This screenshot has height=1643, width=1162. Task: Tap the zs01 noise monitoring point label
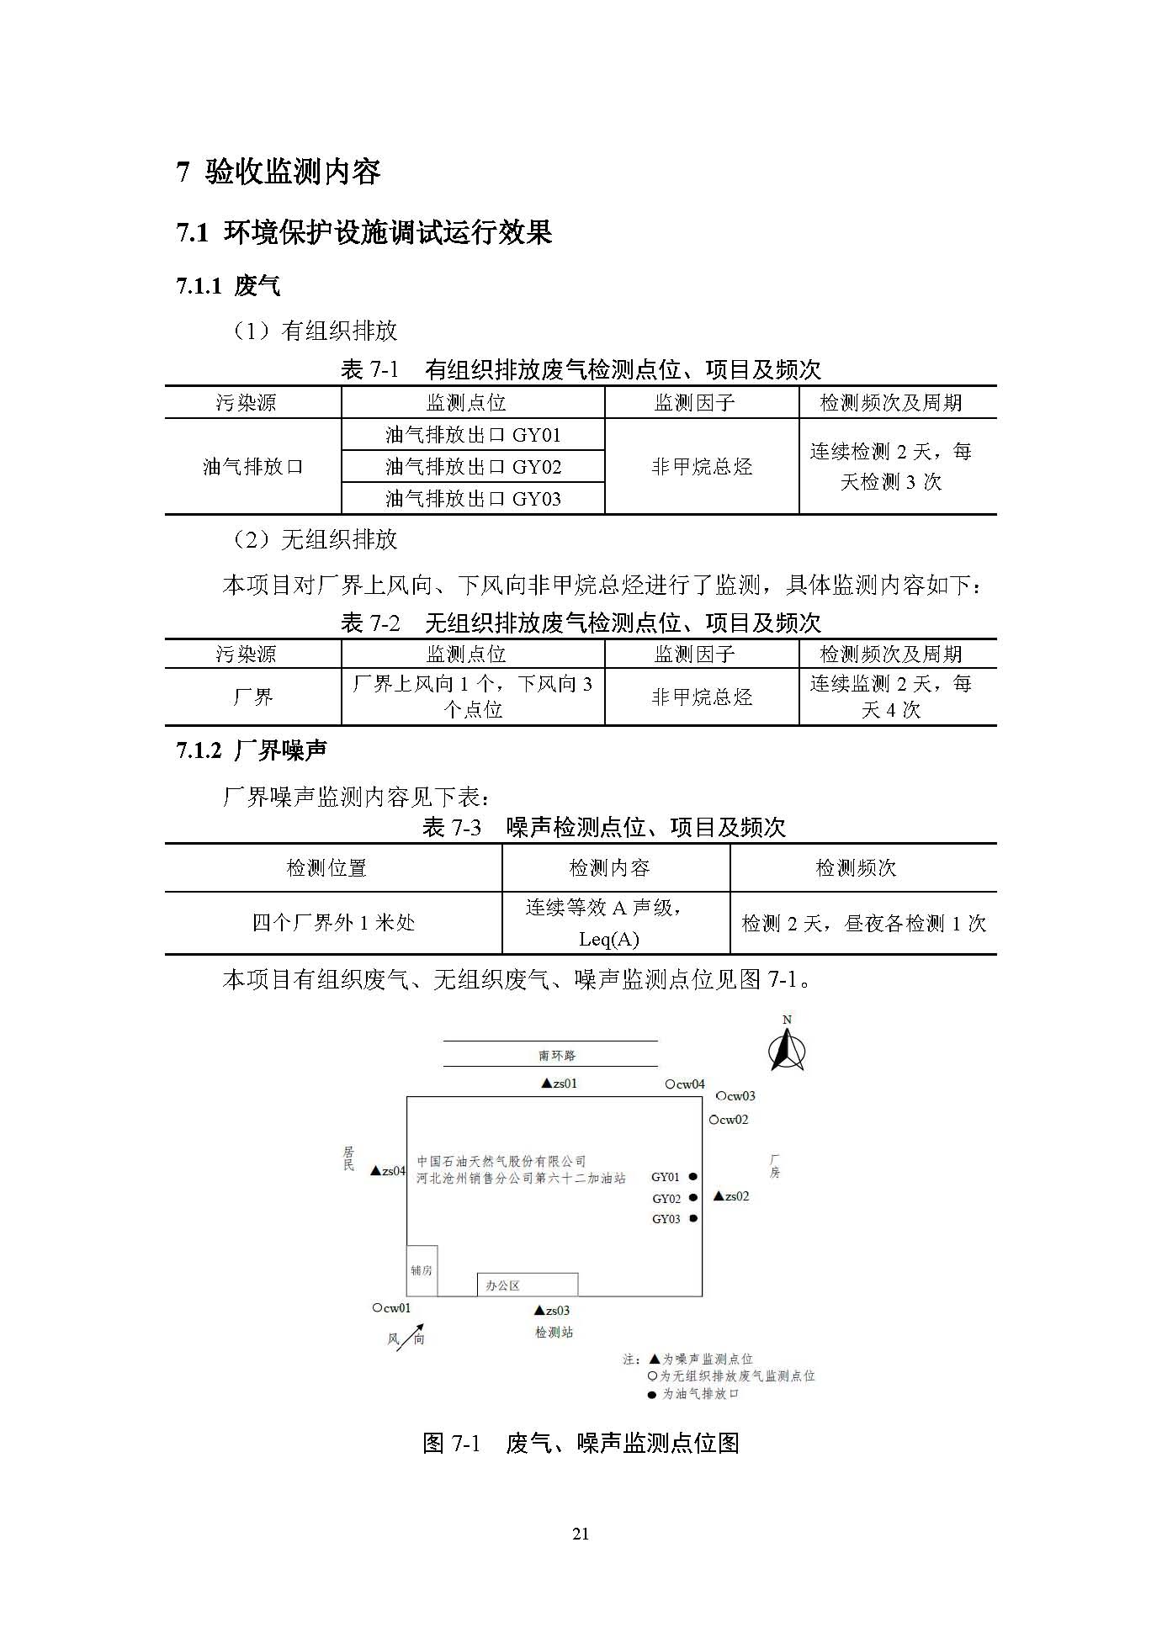[560, 1084]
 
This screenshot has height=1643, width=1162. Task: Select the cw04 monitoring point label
[685, 1084]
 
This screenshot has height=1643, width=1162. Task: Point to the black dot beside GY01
[693, 1177]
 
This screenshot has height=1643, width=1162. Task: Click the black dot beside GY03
[693, 1218]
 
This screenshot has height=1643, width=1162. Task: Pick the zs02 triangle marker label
[731, 1195]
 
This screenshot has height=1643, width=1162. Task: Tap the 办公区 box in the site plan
[528, 1285]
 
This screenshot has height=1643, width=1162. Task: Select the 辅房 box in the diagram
[422, 1270]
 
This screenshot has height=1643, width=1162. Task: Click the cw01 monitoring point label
[392, 1308]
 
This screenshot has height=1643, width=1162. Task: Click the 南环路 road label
[557, 1055]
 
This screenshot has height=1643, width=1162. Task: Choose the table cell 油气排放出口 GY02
[473, 467]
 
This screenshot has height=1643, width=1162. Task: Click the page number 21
[581, 1534]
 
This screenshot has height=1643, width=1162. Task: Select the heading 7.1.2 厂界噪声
[252, 750]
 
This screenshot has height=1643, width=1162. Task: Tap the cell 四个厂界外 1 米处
[333, 923]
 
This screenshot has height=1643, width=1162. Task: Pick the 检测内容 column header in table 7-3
[610, 867]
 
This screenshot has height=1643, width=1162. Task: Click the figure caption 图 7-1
[581, 1444]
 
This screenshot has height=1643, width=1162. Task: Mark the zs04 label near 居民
[389, 1171]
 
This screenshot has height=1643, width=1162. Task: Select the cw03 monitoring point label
[735, 1096]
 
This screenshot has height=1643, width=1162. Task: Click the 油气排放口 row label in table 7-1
[252, 467]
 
